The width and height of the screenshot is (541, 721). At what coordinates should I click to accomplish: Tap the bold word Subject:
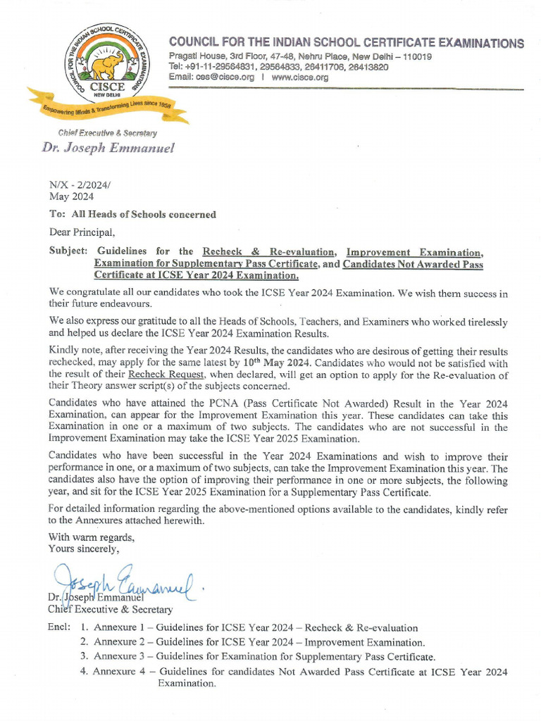68,251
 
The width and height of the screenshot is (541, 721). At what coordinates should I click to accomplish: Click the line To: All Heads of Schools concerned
132,215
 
